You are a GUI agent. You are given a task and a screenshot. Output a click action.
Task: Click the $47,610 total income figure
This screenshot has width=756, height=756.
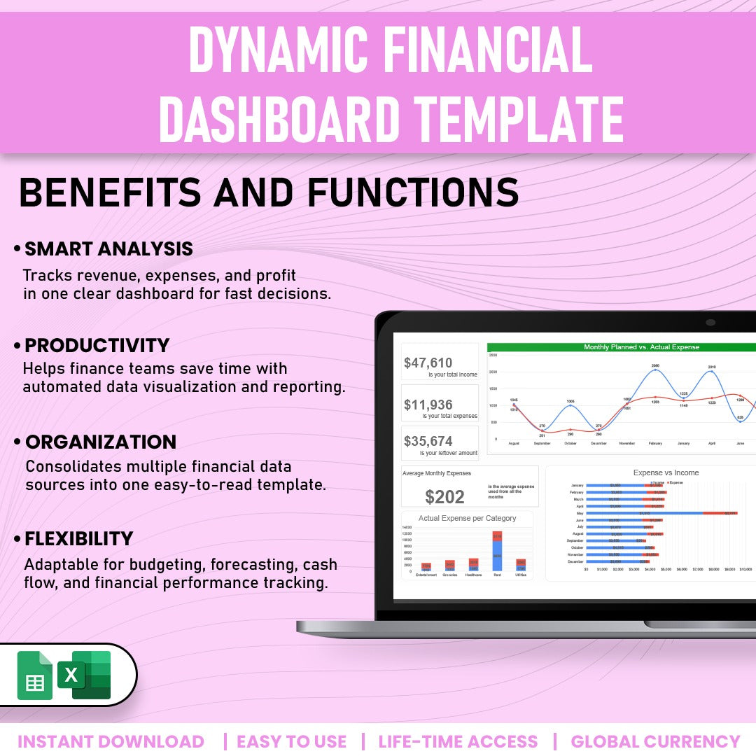(x=428, y=363)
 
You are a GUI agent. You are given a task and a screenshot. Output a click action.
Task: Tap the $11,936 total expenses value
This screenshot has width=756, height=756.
(x=428, y=405)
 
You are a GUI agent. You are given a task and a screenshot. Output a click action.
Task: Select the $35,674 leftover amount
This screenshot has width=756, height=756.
(x=428, y=441)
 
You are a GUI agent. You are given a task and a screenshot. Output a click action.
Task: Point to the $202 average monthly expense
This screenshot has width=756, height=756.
(x=444, y=497)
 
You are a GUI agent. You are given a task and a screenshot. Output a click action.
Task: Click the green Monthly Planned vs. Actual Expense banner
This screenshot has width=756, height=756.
(x=621, y=347)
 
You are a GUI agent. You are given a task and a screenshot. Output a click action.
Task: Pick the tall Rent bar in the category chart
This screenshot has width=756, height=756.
(x=497, y=551)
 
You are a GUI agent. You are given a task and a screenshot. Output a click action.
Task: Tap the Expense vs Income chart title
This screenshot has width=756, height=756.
(x=666, y=472)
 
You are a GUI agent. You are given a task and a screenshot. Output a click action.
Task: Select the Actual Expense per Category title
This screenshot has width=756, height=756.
(x=467, y=518)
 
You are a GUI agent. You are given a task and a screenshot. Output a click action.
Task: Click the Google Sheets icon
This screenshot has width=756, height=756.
(x=34, y=675)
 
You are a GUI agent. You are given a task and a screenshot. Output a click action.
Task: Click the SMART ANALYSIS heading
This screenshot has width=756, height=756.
(x=108, y=248)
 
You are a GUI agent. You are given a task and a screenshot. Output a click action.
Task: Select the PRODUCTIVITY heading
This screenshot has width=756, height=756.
(x=97, y=345)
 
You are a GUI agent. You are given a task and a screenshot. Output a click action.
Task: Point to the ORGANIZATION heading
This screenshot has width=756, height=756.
(x=100, y=442)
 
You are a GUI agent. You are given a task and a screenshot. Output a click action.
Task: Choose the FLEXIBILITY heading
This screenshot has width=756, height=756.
(x=78, y=538)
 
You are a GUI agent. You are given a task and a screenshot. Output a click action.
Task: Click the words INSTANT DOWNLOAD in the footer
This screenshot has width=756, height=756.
(x=111, y=741)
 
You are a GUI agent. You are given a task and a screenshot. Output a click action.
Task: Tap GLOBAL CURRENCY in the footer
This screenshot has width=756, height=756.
(x=655, y=741)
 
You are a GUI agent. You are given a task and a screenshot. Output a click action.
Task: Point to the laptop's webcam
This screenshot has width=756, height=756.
(x=710, y=322)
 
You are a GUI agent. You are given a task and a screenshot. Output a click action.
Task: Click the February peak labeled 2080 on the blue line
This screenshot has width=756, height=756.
(x=655, y=370)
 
